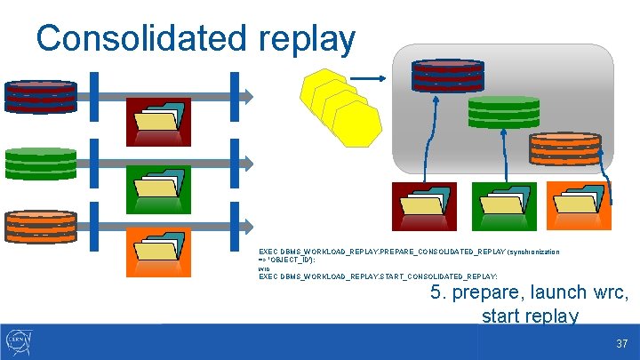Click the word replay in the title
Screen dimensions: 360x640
pyautogui.click(x=308, y=38)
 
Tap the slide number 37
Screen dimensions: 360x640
pyautogui.click(x=622, y=343)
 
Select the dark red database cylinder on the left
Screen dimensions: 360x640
pyautogui.click(x=41, y=94)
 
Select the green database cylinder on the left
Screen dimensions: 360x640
pyautogui.click(x=41, y=164)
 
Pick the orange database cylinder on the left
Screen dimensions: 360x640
pyautogui.click(x=41, y=227)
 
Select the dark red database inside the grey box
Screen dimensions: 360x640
pyautogui.click(x=448, y=76)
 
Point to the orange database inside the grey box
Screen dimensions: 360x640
pyautogui.click(x=558, y=148)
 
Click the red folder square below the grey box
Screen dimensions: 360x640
pyautogui.click(x=424, y=206)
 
